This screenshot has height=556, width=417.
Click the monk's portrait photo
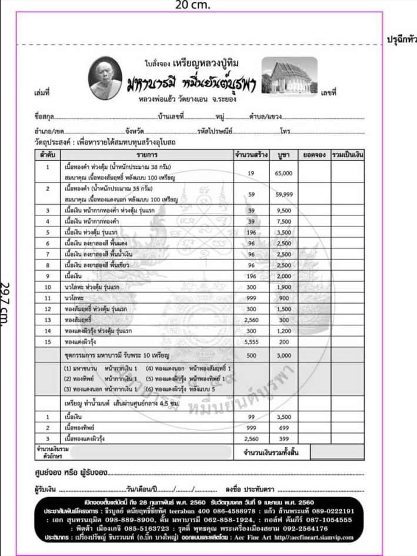108,81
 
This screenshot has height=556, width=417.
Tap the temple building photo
289,79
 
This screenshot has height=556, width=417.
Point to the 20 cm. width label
192,5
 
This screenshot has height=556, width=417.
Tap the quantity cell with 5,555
251,342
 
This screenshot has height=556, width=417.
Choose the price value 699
284,428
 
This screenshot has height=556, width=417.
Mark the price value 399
284,439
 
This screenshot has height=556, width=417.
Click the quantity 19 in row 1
251,173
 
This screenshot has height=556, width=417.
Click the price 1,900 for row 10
284,287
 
